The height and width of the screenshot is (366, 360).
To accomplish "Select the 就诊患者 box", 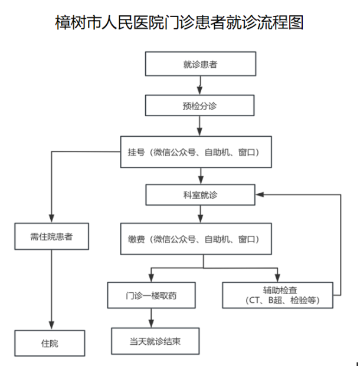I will pos(200,64).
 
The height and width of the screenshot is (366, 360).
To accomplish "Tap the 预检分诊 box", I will pos(200,106).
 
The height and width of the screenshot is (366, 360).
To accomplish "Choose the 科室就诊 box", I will pos(200,194).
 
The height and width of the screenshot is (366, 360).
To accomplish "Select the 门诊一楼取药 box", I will pos(151,295).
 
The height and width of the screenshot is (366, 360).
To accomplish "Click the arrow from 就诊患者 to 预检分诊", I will pos(200,85).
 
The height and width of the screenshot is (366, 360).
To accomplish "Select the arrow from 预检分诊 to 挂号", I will pos(200,126).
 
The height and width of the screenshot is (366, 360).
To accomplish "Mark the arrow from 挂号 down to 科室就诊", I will pos(200,175).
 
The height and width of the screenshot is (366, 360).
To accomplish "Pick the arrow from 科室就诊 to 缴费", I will pos(200,214).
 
